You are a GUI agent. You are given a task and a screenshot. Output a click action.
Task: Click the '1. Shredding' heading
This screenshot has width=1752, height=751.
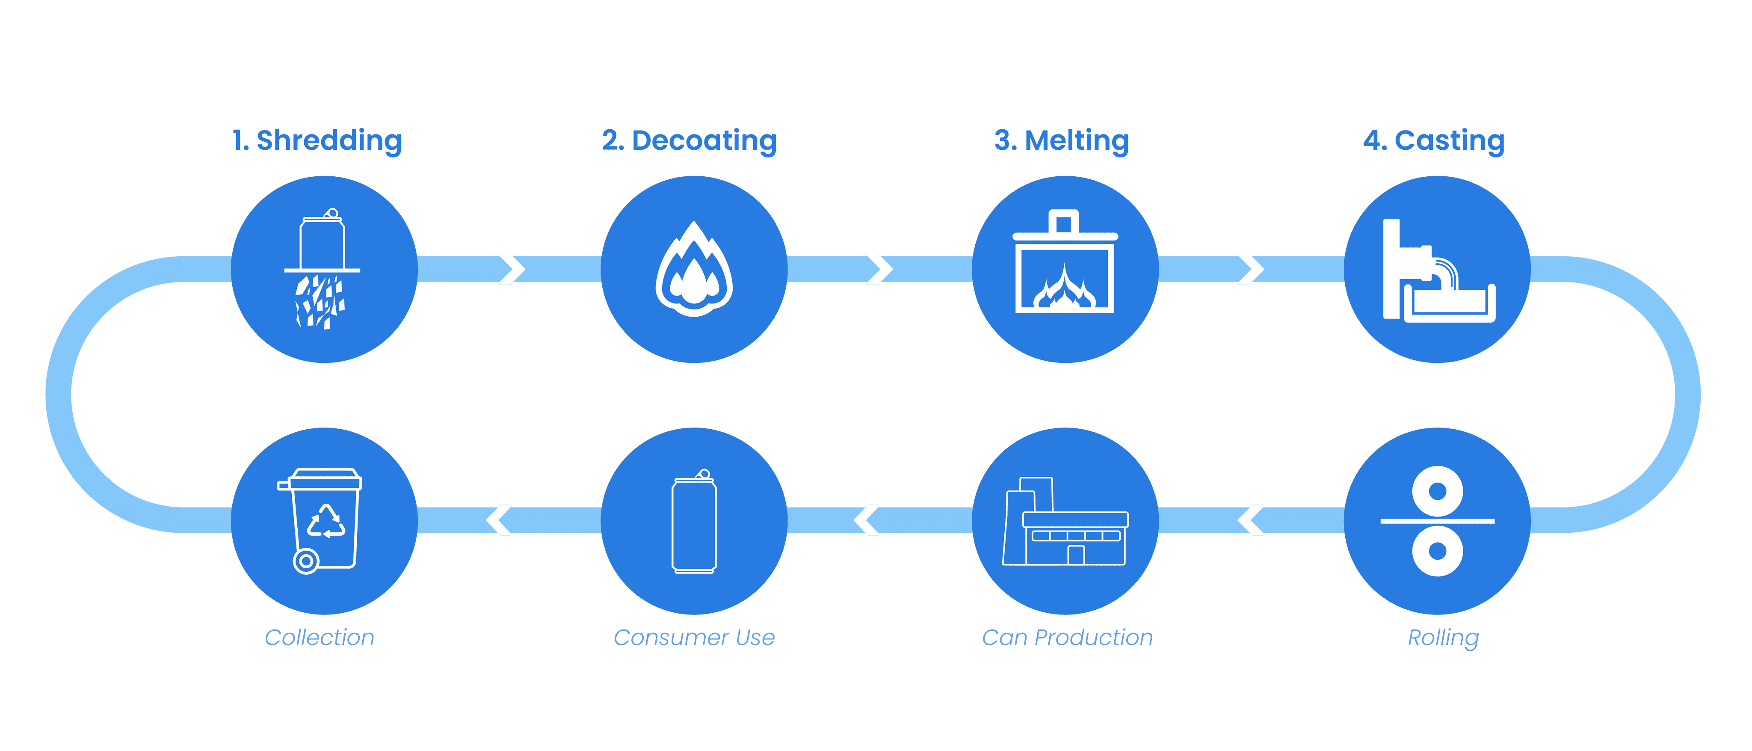[317, 141]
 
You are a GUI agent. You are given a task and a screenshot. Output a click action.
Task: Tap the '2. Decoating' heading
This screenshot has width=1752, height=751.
[689, 141]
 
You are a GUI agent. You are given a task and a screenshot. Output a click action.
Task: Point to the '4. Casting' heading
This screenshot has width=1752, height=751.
[1434, 141]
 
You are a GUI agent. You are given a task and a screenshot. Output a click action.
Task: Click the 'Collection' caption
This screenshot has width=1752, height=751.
[319, 638]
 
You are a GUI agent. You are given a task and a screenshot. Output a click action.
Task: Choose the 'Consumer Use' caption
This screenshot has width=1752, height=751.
[694, 638]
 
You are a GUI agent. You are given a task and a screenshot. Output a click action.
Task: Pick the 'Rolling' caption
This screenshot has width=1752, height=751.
[1443, 638]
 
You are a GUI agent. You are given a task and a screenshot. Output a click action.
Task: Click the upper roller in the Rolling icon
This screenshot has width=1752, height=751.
[1437, 491]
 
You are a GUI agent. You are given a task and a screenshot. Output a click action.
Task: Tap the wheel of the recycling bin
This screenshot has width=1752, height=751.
[306, 561]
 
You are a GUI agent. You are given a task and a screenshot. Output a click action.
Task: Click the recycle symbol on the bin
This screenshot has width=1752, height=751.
[327, 521]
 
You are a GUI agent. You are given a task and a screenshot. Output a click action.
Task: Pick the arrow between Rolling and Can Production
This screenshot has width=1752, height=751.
[1251, 520]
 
